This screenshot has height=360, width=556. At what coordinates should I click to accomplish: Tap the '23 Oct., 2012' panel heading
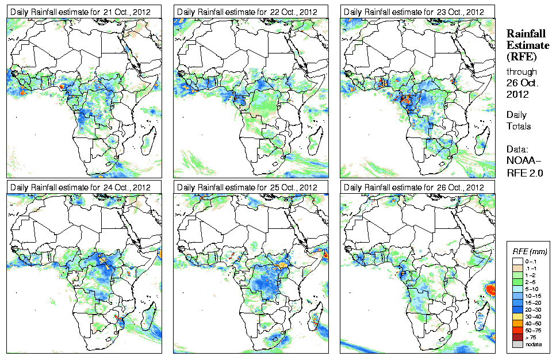tap(412, 12)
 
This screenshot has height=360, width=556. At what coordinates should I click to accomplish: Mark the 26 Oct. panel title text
tap(412, 187)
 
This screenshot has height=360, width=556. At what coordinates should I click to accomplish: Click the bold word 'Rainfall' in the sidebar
tap(524, 34)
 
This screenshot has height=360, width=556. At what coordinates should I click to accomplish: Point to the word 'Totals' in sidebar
tap(519, 126)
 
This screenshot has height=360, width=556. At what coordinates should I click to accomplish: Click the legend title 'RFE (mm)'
tap(530, 251)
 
